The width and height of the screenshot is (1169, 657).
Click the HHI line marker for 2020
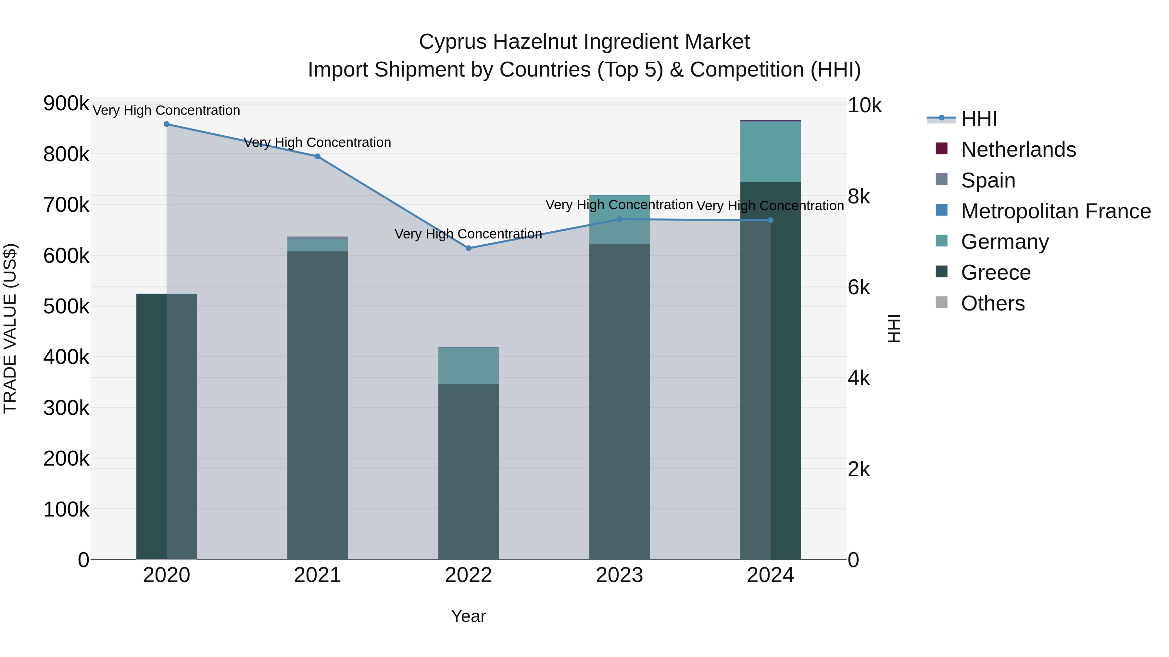(x=167, y=124)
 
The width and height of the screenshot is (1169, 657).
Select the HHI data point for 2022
(x=468, y=248)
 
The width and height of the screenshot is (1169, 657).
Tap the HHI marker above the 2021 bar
(x=318, y=156)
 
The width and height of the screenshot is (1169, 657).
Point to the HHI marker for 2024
(x=770, y=220)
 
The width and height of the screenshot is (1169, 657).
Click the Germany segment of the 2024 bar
(x=770, y=152)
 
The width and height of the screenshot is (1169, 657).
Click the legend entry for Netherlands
(x=1018, y=150)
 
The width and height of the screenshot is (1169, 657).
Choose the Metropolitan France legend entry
(x=1056, y=211)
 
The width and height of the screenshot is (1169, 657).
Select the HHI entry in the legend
(x=979, y=119)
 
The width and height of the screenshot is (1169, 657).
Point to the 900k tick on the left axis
(x=66, y=103)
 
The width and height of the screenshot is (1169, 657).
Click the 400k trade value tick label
(x=66, y=357)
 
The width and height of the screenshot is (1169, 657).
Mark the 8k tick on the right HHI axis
(x=859, y=197)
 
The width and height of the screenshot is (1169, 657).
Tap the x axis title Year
(x=468, y=616)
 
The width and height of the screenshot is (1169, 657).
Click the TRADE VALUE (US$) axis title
(x=10, y=328)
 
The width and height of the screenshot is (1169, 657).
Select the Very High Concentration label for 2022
(x=468, y=234)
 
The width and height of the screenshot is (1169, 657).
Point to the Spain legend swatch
(x=942, y=179)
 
